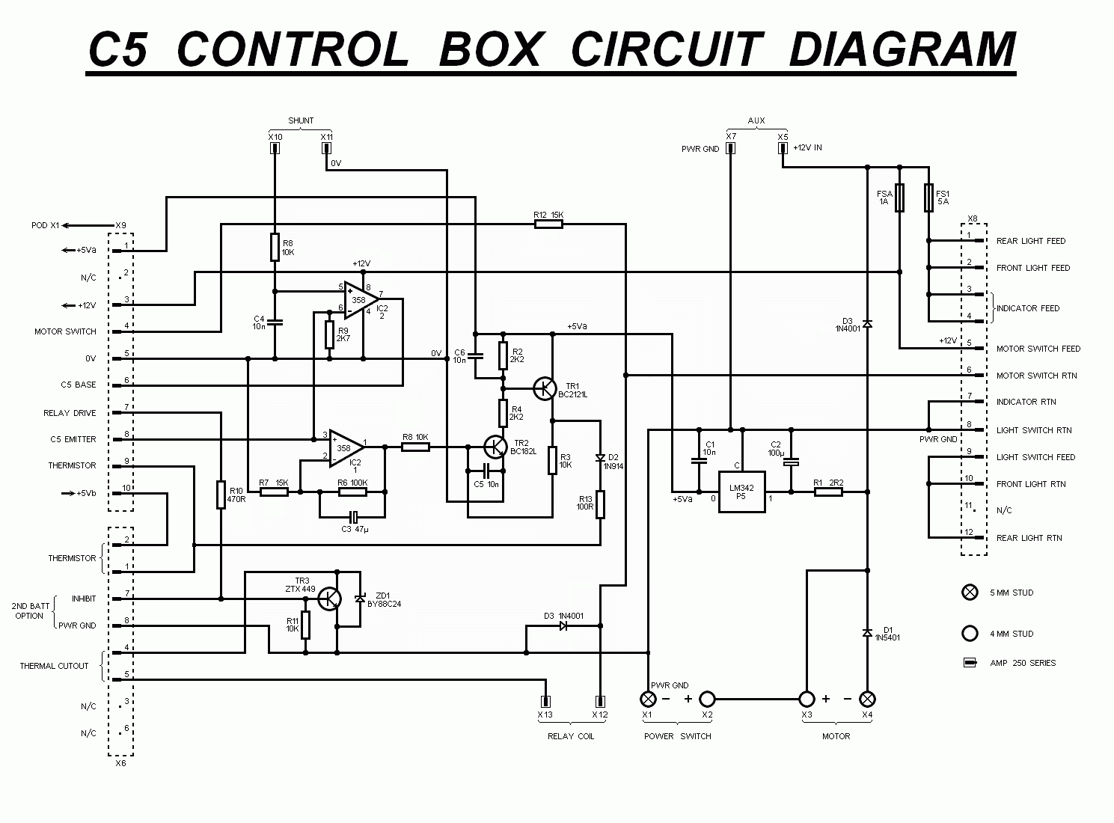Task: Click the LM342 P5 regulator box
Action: pos(741,492)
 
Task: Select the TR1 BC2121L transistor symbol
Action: pos(545,388)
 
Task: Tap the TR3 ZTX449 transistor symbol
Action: pos(328,599)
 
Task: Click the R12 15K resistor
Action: pos(548,224)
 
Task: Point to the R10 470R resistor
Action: pos(221,495)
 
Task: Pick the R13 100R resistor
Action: pos(600,505)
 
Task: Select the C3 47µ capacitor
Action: pos(354,516)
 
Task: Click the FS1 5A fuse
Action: pos(928,198)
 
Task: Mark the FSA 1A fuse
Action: pos(900,198)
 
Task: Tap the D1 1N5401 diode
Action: pos(867,633)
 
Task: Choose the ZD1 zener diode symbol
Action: pos(360,599)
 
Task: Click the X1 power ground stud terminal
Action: pos(648,699)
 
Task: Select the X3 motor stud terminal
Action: pos(807,699)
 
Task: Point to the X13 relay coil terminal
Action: pos(545,702)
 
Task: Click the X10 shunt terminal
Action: pos(275,148)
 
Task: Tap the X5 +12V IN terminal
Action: pos(783,148)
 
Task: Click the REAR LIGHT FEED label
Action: pos(1030,241)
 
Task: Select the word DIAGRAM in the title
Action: pos(902,49)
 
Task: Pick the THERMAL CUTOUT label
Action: pos(54,666)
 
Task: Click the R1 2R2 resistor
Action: pos(827,492)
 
